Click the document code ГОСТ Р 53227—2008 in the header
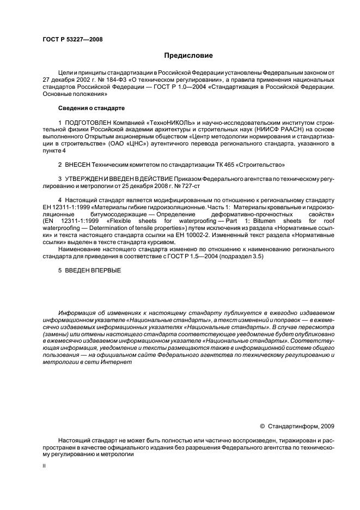[72, 39]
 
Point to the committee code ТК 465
[222, 165]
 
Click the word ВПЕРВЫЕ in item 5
[104, 271]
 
